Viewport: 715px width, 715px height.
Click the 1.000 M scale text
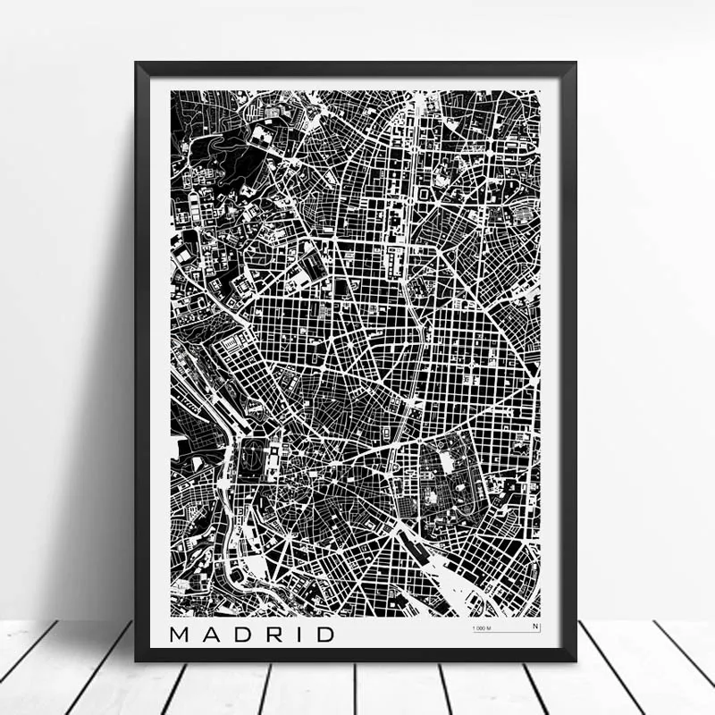click(482, 629)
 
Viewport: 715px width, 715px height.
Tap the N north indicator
click(535, 627)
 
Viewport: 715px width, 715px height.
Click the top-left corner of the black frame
click(137, 63)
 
